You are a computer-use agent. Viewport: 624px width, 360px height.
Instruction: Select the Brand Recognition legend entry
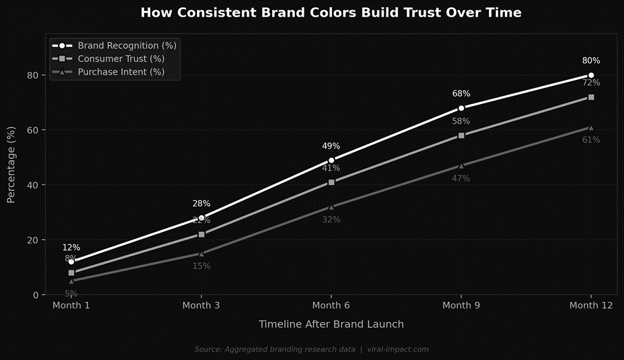click(x=127, y=45)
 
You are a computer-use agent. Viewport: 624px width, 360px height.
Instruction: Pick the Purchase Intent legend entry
click(x=121, y=72)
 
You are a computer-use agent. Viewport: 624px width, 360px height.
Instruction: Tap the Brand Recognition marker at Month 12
click(x=591, y=75)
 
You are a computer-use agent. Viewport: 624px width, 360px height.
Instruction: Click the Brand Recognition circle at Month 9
click(x=461, y=108)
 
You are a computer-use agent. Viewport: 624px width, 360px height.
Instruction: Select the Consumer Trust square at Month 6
click(x=331, y=182)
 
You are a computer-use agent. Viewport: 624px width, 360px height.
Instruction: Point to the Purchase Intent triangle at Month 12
click(x=591, y=127)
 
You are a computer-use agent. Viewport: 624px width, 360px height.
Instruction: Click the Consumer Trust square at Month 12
click(x=591, y=97)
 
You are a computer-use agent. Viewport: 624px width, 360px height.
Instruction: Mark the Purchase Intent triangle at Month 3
click(x=201, y=253)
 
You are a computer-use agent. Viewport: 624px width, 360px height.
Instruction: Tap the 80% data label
click(x=591, y=61)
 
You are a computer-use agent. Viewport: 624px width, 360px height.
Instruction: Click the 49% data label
click(x=331, y=146)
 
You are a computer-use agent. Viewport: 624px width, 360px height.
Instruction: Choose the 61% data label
click(x=591, y=140)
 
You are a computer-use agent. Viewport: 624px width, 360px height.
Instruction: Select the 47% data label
click(x=461, y=178)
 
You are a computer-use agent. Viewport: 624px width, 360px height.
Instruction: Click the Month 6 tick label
click(x=331, y=305)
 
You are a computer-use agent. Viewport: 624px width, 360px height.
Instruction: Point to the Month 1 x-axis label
click(x=71, y=305)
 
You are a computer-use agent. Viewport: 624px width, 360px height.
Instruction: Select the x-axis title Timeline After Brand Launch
click(x=331, y=324)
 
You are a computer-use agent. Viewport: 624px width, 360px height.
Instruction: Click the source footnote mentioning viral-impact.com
click(x=311, y=350)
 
